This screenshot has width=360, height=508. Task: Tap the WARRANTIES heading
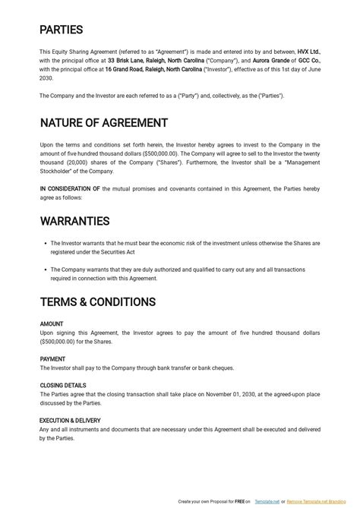[75, 221]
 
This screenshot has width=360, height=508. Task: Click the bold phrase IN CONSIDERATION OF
[70, 188]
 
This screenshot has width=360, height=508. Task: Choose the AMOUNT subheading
[52, 324]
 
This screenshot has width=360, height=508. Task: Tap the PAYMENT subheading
[52, 359]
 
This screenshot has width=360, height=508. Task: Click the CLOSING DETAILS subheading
[63, 385]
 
